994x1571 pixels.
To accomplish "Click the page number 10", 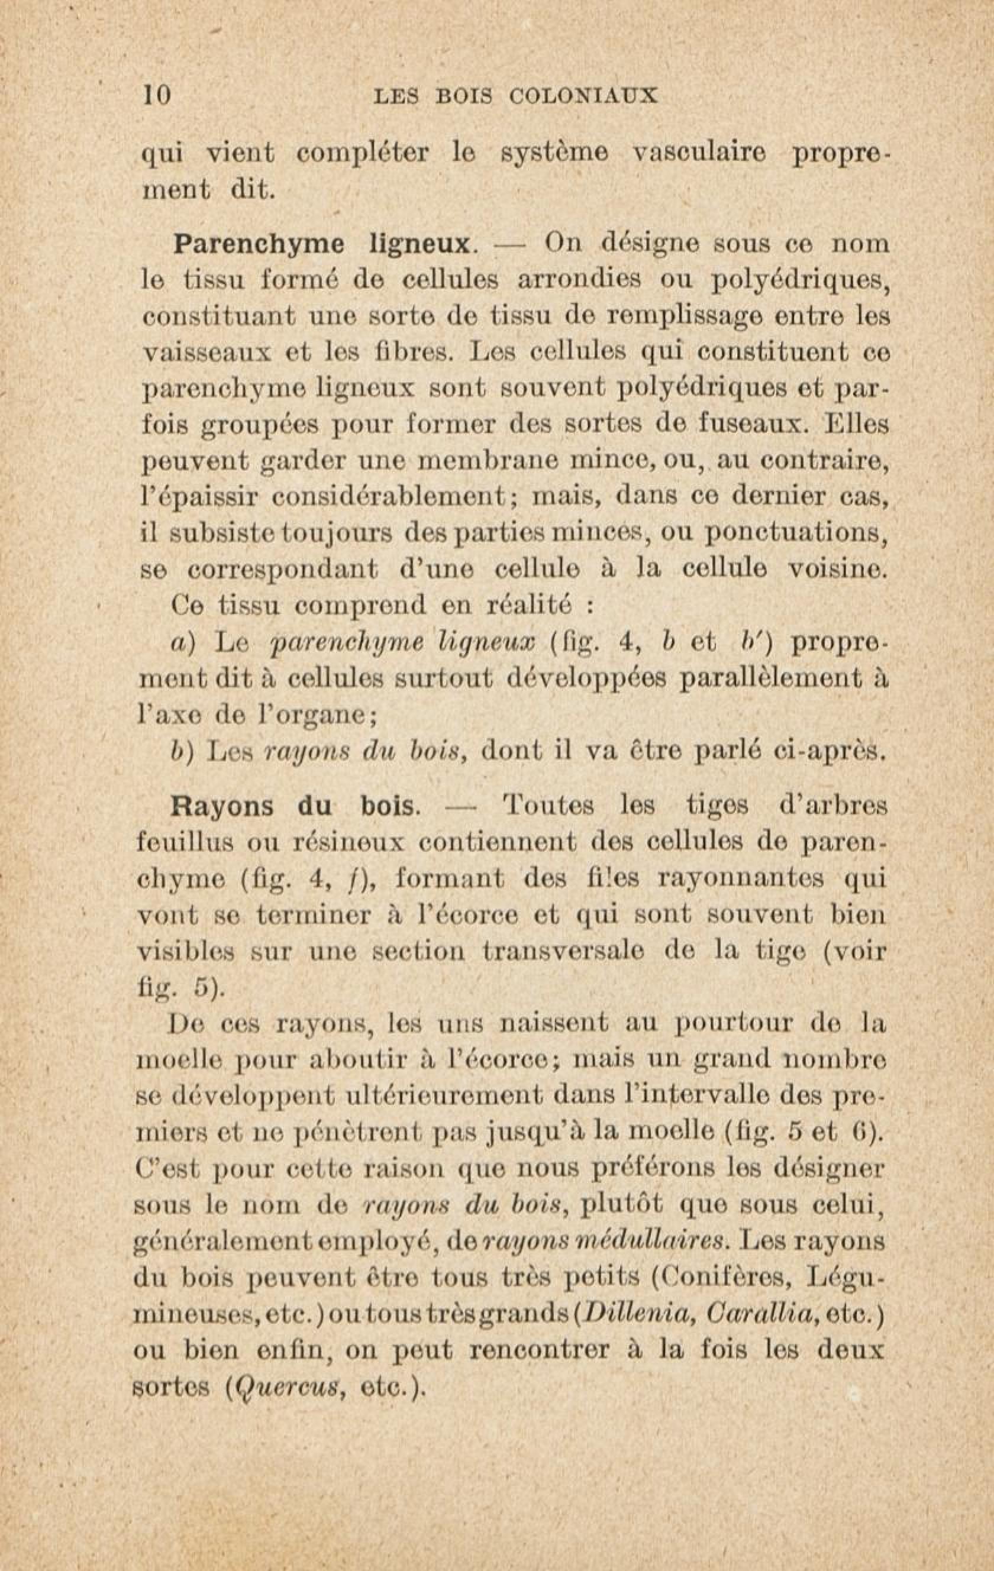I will click(157, 95).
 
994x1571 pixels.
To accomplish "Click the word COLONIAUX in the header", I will click(582, 96).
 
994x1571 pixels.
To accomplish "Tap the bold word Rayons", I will click(222, 806).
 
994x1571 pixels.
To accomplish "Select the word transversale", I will click(564, 952).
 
